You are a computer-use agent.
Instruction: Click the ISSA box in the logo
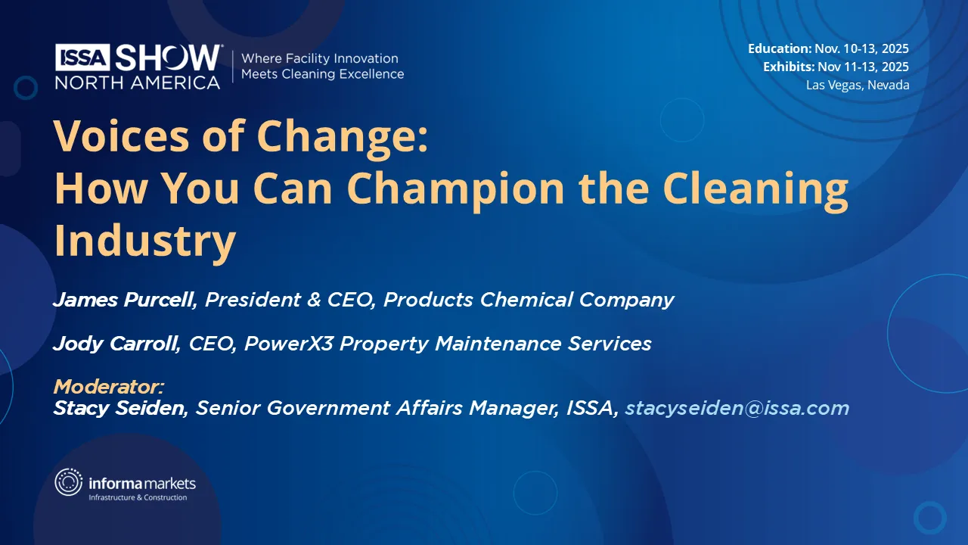point(83,58)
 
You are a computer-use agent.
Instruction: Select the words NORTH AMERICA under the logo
point(137,82)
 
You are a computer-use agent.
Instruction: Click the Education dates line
point(828,48)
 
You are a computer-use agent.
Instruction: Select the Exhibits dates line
point(836,67)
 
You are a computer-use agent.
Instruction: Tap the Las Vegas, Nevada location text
point(857,85)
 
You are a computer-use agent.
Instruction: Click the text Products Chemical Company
point(529,301)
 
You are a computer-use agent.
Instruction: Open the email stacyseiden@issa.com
point(737,409)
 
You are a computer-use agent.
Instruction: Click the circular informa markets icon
point(69,482)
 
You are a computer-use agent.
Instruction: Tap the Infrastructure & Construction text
point(138,497)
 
